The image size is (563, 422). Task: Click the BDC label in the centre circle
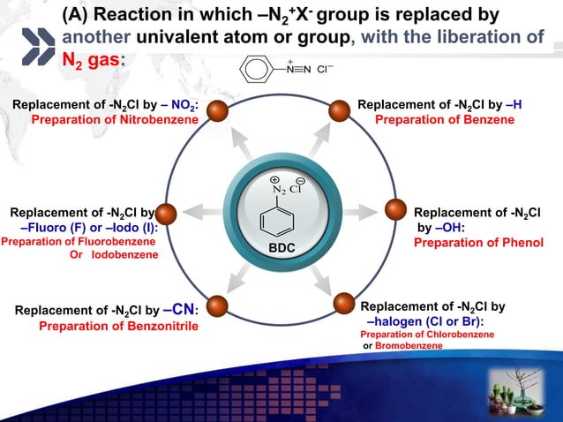coord(281,250)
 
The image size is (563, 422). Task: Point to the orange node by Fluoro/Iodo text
coord(168,213)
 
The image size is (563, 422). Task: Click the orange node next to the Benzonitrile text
coord(214,303)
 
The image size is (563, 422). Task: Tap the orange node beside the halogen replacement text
coord(345,305)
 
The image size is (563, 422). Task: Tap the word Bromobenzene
coord(409,345)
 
